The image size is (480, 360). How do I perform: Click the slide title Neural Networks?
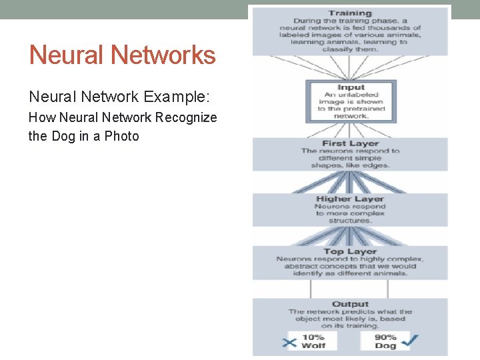tap(123, 55)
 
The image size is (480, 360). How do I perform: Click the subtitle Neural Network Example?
tap(119, 97)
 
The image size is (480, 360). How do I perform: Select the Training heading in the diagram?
tap(349, 13)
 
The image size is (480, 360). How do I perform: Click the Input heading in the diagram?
tap(351, 87)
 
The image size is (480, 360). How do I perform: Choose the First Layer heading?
tap(350, 143)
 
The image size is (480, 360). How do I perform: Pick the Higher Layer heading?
tap(350, 199)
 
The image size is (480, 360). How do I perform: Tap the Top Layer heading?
tap(350, 251)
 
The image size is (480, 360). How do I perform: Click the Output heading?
tap(350, 304)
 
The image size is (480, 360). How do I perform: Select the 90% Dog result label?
tap(385, 341)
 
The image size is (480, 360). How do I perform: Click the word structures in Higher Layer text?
tap(350, 221)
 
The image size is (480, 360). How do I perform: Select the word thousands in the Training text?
tap(391, 28)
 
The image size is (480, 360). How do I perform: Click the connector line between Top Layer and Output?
tap(311, 288)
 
